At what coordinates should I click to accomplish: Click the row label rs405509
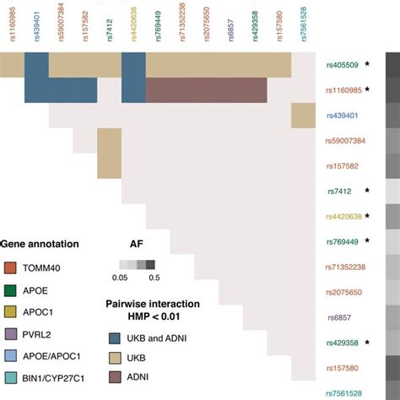tap(341, 63)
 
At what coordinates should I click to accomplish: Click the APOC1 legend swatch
tap(10, 312)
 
